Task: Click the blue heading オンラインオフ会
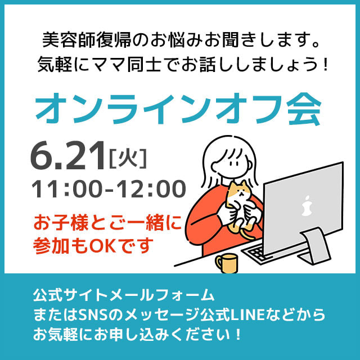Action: tap(178, 109)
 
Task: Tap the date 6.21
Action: tap(67, 156)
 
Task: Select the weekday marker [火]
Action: tap(128, 158)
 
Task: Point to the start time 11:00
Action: tap(67, 189)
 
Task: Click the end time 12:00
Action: tap(151, 189)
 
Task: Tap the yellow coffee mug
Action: tap(227, 263)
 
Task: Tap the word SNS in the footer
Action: tap(93, 315)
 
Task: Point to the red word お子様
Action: tap(61, 223)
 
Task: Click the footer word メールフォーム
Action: tap(163, 295)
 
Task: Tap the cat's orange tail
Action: tap(247, 235)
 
